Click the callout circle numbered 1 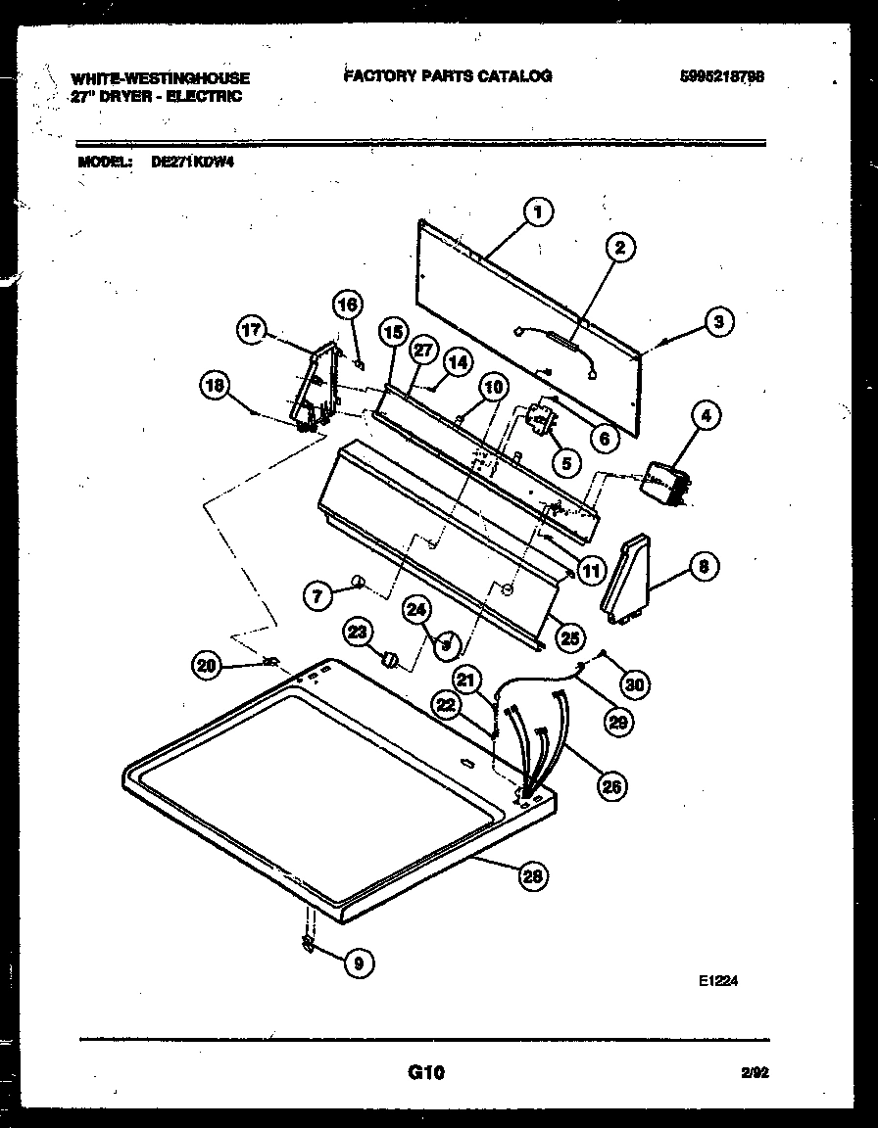click(x=538, y=211)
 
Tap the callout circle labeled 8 click(x=703, y=566)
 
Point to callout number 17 click(x=252, y=331)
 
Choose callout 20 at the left click(x=205, y=666)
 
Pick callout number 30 click(x=635, y=684)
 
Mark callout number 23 click(x=358, y=632)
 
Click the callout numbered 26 click(x=612, y=785)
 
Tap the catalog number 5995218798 click(x=720, y=77)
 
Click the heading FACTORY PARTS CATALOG click(x=448, y=76)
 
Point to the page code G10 click(x=426, y=1073)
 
